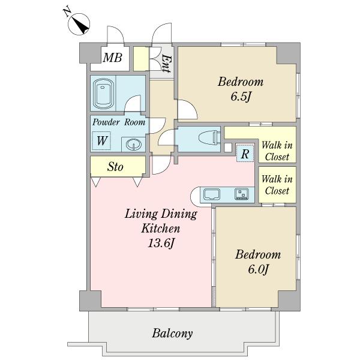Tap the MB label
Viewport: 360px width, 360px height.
tap(112, 58)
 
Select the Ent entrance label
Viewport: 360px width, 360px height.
tap(166, 63)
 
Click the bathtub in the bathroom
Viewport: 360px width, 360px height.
tap(104, 94)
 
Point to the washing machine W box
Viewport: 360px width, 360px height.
tap(101, 141)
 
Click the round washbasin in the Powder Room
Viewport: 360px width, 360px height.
tap(133, 145)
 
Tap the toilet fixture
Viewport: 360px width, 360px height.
tap(208, 139)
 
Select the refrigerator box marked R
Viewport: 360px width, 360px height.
tap(245, 154)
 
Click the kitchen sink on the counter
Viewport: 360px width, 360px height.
tap(211, 194)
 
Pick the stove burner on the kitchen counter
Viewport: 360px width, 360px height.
tap(242, 194)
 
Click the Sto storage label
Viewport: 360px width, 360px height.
tap(115, 167)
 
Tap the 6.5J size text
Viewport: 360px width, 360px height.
tap(240, 97)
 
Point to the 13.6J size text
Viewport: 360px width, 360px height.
tap(161, 243)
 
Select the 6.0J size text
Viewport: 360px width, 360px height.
tap(258, 269)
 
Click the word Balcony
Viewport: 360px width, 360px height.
tap(172, 334)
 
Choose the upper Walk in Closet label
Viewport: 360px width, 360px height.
tap(277, 151)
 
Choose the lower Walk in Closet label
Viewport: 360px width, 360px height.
tap(277, 185)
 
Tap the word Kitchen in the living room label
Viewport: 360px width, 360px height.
tap(160, 229)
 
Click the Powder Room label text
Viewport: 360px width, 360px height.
tap(119, 122)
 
